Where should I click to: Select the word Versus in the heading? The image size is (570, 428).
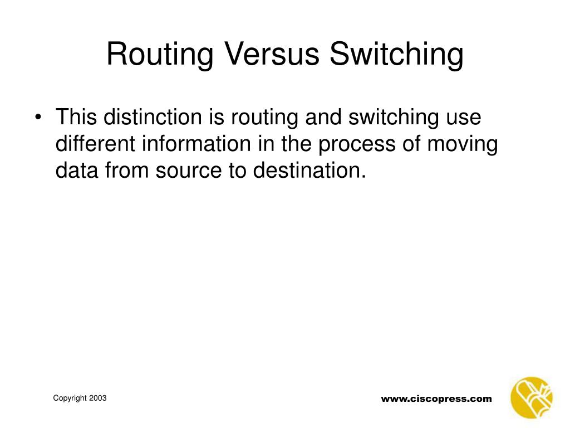(x=272, y=55)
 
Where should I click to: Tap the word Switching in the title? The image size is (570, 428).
(x=396, y=55)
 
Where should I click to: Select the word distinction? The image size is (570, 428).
(x=151, y=118)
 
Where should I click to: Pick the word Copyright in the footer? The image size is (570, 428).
(x=70, y=398)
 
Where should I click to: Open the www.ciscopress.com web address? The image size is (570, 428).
(x=436, y=398)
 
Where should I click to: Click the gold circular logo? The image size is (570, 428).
(x=532, y=397)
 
